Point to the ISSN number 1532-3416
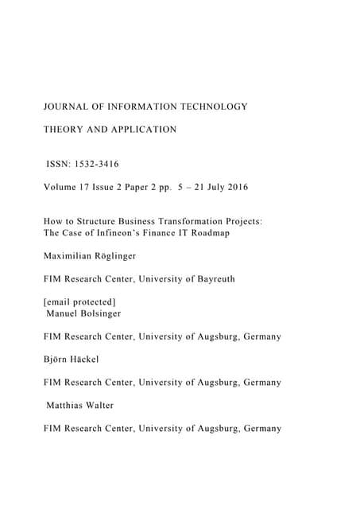coord(99,165)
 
